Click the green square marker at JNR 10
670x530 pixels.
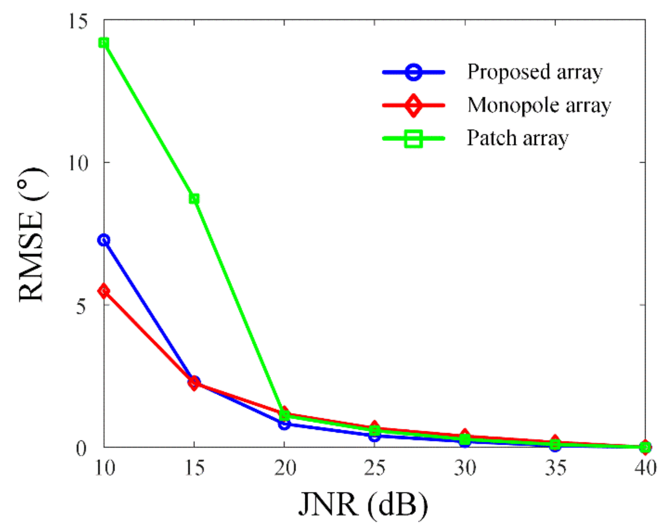[x=104, y=43]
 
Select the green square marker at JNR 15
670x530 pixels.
[x=194, y=199]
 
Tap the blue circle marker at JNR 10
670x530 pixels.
[x=104, y=240]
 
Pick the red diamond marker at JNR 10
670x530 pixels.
[x=104, y=291]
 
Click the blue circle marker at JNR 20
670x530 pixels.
[x=284, y=424]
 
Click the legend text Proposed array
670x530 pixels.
[x=535, y=72]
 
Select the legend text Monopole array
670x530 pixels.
[x=539, y=105]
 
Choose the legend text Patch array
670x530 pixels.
[x=517, y=138]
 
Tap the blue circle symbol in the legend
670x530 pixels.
[x=413, y=72]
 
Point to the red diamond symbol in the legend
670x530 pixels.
[x=413, y=105]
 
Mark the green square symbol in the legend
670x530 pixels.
[x=413, y=138]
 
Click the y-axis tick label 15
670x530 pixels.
[x=78, y=21]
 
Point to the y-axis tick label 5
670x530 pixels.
[x=81, y=307]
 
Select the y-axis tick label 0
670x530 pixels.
[x=81, y=449]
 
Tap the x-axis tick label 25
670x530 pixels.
[x=374, y=468]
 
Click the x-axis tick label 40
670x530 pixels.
[x=645, y=468]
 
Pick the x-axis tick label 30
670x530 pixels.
[x=465, y=468]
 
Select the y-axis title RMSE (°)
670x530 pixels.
[x=32, y=235]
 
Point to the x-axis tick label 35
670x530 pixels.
[x=555, y=468]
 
